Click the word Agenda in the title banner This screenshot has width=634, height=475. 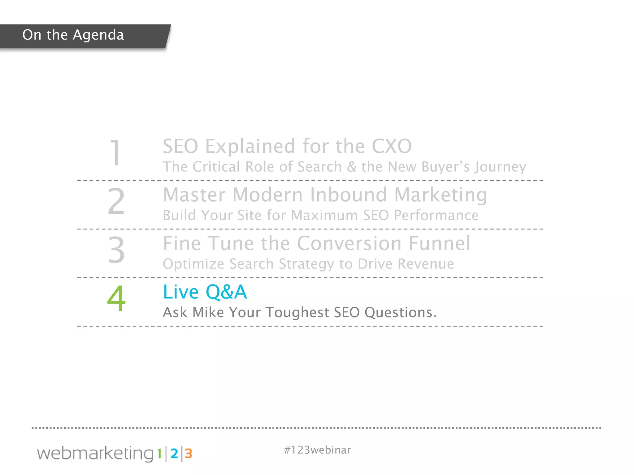point(98,35)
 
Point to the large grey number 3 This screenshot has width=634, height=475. point(116,250)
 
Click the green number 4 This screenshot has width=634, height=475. point(116,298)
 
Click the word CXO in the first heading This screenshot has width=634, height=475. point(392,146)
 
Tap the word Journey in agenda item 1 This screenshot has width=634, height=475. point(501,167)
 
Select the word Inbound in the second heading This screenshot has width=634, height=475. point(348,195)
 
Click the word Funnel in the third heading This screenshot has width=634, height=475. point(440,243)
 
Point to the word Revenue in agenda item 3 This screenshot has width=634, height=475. point(426,264)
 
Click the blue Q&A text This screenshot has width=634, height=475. point(226,292)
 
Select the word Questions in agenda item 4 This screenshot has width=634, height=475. point(400,313)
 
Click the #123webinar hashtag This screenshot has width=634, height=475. point(317,450)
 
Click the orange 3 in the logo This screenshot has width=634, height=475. point(189,454)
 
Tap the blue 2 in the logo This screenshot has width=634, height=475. point(174,454)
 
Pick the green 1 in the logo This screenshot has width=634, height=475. point(159,454)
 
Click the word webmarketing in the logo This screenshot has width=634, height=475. point(95,453)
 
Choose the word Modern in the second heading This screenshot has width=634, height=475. point(267,195)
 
